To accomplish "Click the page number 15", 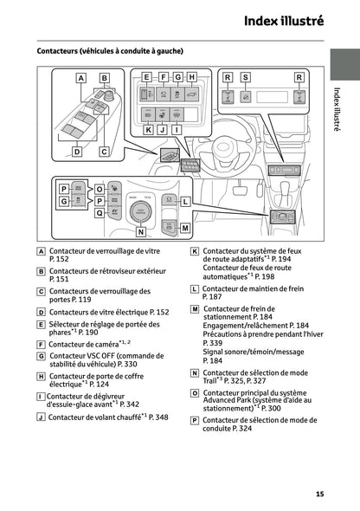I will (x=319, y=494).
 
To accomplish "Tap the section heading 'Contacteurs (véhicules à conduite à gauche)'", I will (x=110, y=51).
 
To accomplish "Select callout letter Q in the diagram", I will (x=100, y=211).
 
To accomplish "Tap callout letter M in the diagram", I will (x=184, y=228).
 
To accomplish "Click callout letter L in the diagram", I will (x=184, y=201).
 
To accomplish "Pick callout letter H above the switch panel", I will (x=191, y=77).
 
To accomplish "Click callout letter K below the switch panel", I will (x=148, y=129).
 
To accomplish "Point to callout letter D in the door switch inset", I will (x=76, y=152).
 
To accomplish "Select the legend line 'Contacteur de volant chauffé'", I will (x=102, y=417).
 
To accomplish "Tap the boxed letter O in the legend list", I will (x=195, y=391).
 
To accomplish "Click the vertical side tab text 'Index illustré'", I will (x=338, y=109).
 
